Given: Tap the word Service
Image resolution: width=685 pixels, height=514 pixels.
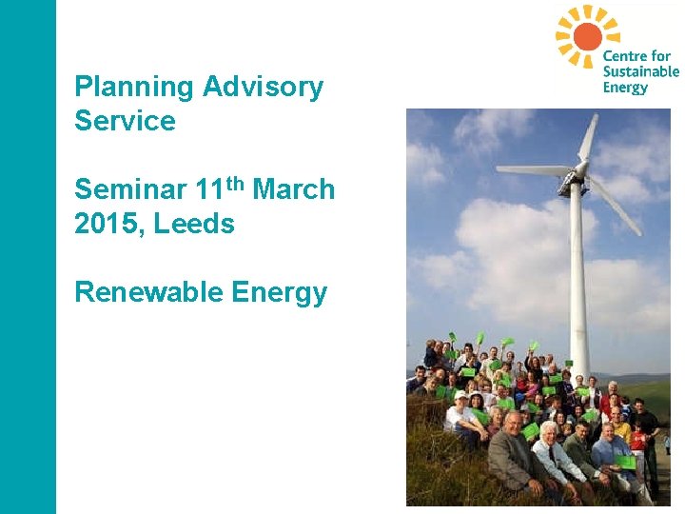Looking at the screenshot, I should tap(125, 122).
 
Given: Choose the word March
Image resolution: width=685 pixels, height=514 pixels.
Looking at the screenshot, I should tap(294, 189).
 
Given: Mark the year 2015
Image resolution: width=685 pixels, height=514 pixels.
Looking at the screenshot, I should tap(105, 224).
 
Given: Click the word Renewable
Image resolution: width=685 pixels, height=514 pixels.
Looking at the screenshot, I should tap(133, 292).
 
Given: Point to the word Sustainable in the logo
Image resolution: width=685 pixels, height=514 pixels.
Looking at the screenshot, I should tap(640, 71).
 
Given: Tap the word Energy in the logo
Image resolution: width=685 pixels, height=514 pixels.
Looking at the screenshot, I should tap(625, 88).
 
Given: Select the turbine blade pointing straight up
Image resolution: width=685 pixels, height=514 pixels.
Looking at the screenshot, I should tap(589, 138).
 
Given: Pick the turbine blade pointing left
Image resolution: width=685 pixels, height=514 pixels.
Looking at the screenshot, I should tap(533, 169).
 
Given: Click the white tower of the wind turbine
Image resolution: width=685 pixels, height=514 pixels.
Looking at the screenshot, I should tap(578, 276).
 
